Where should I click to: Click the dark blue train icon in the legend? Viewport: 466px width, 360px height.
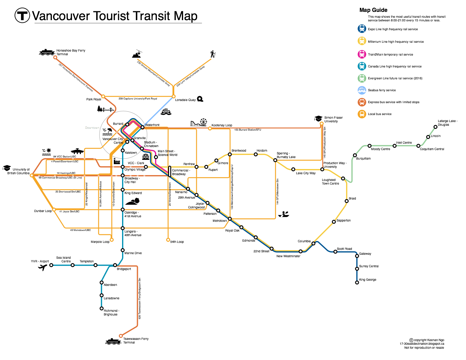[362, 29]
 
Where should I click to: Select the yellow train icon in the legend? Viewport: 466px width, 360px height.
[362, 41]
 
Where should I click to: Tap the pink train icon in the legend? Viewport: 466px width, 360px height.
[362, 54]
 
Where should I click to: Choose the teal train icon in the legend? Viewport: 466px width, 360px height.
[362, 66]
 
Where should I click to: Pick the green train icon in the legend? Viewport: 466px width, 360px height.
[362, 78]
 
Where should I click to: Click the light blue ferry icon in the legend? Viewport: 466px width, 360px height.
[362, 90]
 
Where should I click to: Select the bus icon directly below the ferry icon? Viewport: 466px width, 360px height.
[362, 102]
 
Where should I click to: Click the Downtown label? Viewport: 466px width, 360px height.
[92, 128]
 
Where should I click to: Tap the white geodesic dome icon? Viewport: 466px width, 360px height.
[146, 156]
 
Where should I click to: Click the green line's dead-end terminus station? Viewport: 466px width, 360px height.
[435, 127]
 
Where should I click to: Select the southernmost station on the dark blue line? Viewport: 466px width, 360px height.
[357, 283]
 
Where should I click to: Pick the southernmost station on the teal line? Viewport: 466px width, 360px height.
[102, 308]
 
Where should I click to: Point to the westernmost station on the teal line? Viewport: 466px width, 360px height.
[51, 265]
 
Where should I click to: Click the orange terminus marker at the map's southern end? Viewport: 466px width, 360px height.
[121, 336]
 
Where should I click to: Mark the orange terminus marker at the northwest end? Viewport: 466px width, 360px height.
[55, 57]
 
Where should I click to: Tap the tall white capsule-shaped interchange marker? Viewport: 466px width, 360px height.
[170, 171]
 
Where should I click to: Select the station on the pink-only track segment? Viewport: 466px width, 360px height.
[156, 157]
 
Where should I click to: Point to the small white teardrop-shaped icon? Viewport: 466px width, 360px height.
[282, 216]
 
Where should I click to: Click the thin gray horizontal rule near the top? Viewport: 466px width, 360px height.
[118, 23]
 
